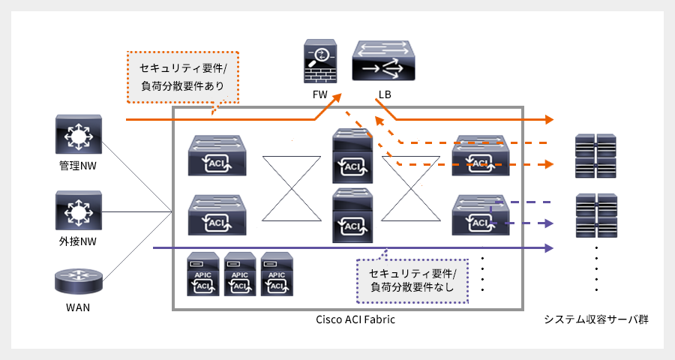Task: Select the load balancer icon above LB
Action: pos(383,61)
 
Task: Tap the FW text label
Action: pos(320,95)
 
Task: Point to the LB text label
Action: pos(384,95)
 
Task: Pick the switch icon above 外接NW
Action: pos(79,210)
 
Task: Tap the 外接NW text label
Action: pos(79,241)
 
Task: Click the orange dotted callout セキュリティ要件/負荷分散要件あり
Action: pos(182,76)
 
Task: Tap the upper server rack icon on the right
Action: pos(595,155)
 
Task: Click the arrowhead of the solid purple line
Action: pos(550,247)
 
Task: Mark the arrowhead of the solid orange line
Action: pos(550,120)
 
